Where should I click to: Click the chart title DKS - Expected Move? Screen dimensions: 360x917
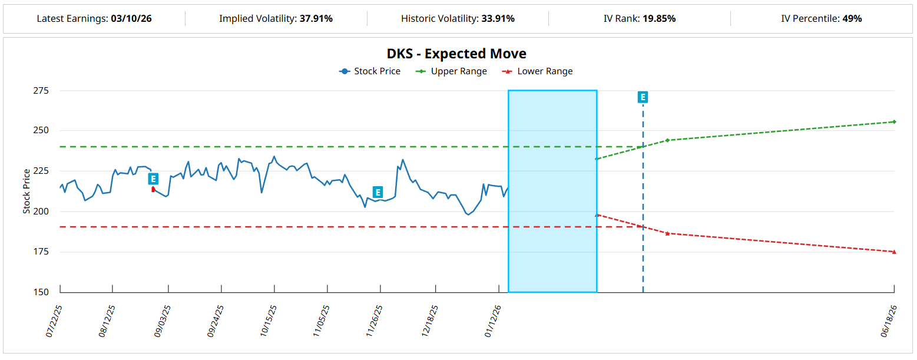pos(456,54)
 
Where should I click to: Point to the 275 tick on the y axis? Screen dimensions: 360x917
pos(41,91)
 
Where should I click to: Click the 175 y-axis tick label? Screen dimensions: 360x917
pos(41,252)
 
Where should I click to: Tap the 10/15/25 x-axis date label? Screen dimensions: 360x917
pos(269,321)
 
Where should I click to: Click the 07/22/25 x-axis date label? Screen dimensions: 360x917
pos(54,321)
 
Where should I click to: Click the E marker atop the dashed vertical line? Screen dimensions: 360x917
pos(643,97)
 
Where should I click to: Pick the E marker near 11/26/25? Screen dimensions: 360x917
pos(378,192)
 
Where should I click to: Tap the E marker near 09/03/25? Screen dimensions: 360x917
pos(153,179)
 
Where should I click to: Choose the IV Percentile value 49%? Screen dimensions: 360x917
pos(851,18)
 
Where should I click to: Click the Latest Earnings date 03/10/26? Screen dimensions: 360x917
pos(131,18)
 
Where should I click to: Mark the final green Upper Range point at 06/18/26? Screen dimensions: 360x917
pos(894,122)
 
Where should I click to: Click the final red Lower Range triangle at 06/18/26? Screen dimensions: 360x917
pos(894,252)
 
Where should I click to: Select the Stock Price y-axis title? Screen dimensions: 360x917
pos(27,191)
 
